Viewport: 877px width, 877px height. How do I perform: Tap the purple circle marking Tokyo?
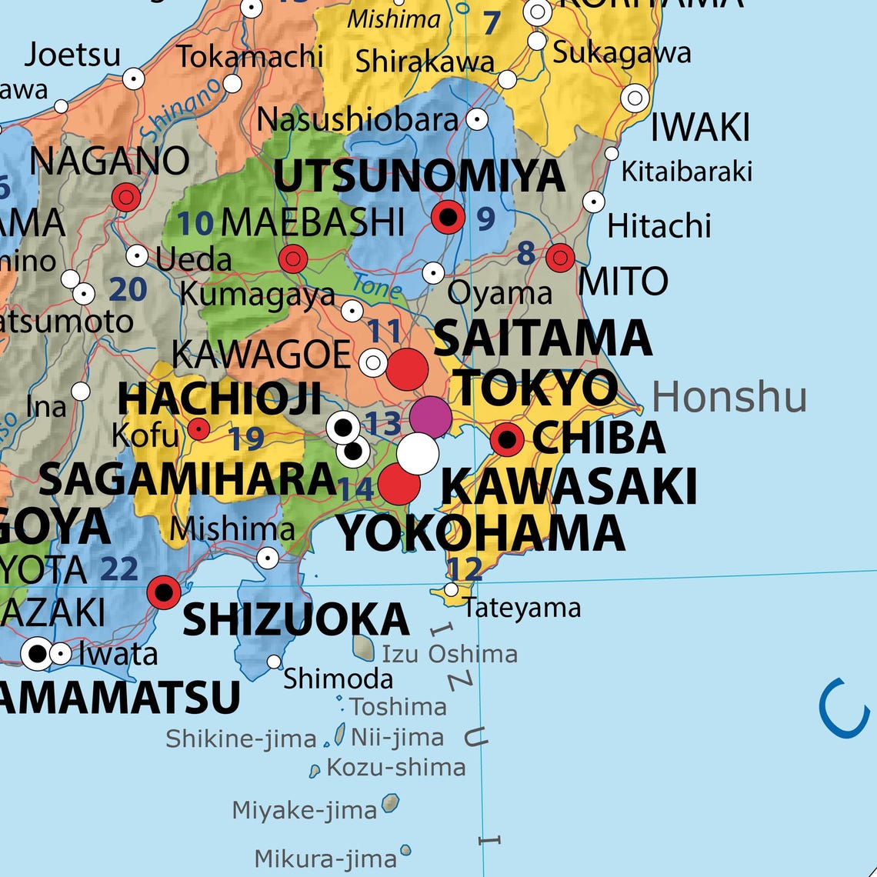(x=430, y=415)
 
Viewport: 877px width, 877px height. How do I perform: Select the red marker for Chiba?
(x=507, y=439)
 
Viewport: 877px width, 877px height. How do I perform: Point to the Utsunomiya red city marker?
(x=449, y=217)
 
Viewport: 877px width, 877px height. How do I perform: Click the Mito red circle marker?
(x=560, y=257)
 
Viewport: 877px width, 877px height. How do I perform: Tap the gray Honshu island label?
(x=729, y=398)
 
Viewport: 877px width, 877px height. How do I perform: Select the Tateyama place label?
(x=522, y=608)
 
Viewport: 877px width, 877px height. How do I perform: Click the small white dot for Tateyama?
(x=452, y=590)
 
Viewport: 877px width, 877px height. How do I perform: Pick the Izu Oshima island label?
(x=449, y=654)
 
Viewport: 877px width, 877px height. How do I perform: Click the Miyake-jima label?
(x=305, y=809)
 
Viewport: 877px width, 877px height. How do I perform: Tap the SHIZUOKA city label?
(x=295, y=620)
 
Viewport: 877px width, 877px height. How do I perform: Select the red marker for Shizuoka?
(x=164, y=592)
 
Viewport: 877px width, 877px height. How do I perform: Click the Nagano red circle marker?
(x=126, y=197)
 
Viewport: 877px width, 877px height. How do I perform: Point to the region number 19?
(x=246, y=439)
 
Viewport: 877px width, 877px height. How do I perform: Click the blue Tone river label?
(x=377, y=287)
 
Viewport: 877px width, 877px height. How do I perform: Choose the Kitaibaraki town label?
(x=686, y=172)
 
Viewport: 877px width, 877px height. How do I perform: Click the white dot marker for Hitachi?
(x=593, y=202)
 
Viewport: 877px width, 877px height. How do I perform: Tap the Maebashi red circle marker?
(x=293, y=259)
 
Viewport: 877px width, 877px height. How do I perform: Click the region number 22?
(x=119, y=569)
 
